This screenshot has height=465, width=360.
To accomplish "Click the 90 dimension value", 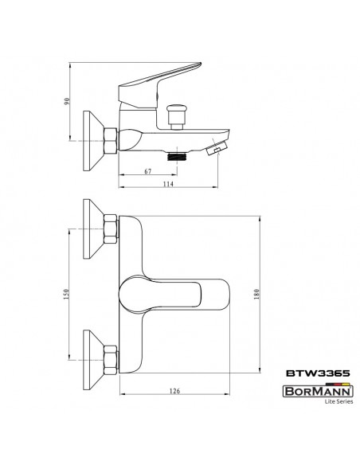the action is pos(68,101).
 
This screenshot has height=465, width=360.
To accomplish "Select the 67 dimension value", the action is pos(147,171).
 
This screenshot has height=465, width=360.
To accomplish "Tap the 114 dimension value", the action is pos(168,184).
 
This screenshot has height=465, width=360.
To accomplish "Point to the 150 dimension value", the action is pos(66,294).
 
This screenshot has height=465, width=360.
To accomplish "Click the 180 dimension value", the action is pos(256,294).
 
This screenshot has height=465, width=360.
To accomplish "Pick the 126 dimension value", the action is pos(174,391).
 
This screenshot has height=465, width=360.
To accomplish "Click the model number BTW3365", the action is pos(318,373).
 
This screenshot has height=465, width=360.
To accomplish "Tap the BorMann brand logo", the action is pos(318,391).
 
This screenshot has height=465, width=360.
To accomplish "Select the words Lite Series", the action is pos(338,401).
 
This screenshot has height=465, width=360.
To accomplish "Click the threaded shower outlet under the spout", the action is pos(178,156).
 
